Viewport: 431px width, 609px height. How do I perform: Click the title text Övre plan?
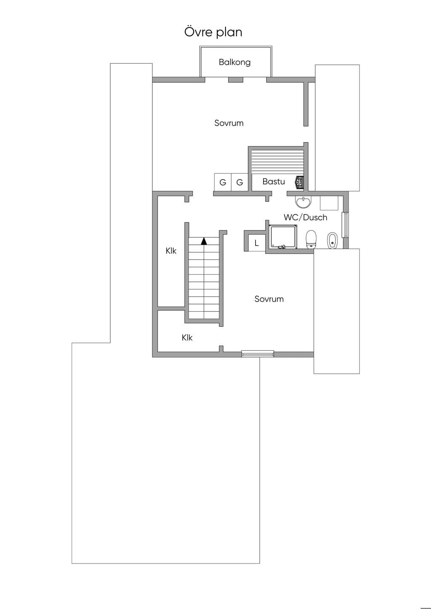(x=213, y=32)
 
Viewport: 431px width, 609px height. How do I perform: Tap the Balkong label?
(x=234, y=62)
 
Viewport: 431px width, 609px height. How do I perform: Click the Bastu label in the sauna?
(x=274, y=181)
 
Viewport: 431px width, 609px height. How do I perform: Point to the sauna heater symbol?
(x=299, y=182)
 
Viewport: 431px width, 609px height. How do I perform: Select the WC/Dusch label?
(x=305, y=217)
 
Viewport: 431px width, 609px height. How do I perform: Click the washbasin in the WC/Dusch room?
(x=303, y=202)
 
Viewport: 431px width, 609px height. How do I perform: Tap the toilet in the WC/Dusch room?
(x=311, y=239)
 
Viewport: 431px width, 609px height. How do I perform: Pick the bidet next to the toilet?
(x=332, y=240)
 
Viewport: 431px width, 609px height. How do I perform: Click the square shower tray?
(x=283, y=236)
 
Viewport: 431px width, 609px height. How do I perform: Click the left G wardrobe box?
(x=223, y=182)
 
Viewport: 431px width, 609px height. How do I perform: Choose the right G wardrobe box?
(x=239, y=182)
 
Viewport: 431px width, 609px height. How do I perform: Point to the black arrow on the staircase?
(x=204, y=241)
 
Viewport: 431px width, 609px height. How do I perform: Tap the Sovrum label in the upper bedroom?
(x=229, y=123)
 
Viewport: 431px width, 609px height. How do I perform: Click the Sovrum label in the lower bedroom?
(x=269, y=299)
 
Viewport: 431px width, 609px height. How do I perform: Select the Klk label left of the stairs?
(x=171, y=251)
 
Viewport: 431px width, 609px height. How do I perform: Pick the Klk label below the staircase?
(x=187, y=338)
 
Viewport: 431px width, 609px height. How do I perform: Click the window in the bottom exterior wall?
(x=258, y=354)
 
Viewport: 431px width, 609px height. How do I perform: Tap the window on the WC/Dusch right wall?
(x=346, y=225)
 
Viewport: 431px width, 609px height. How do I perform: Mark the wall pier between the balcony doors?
(x=235, y=79)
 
